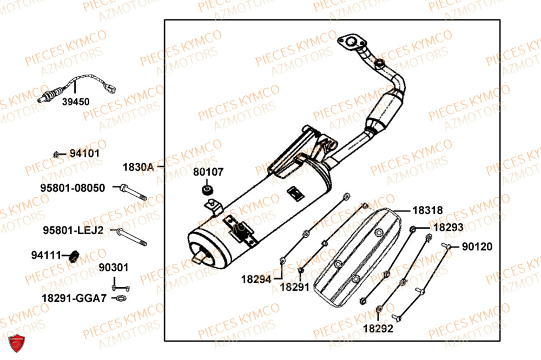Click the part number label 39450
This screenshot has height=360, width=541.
(x=75, y=102)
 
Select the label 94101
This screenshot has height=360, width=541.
(x=84, y=154)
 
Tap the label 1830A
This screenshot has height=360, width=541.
(x=138, y=168)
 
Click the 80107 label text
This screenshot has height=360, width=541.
(x=207, y=172)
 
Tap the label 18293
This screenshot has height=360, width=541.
(x=448, y=228)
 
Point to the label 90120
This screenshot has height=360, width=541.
(x=477, y=247)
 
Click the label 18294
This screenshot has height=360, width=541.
(x=256, y=279)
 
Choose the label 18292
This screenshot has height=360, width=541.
(x=378, y=328)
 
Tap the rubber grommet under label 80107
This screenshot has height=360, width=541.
(x=207, y=189)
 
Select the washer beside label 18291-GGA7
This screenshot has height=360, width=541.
(x=120, y=298)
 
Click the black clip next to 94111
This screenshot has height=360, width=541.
(x=71, y=255)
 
